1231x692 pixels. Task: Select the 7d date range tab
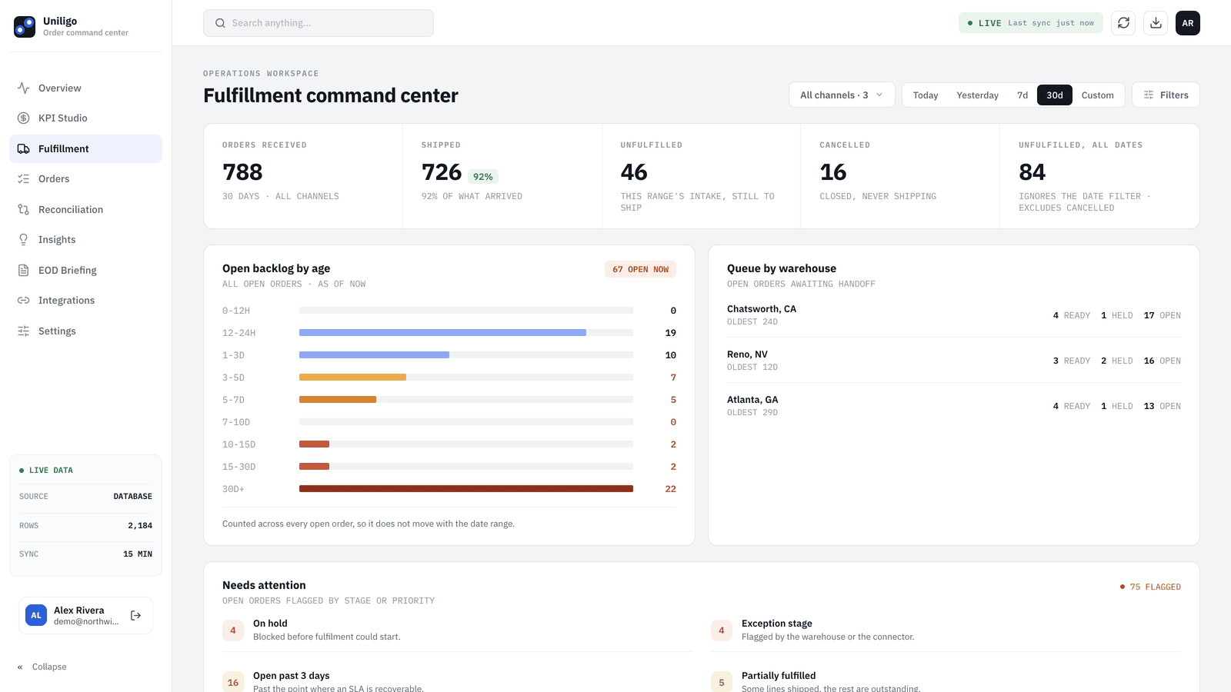[x=1022, y=95]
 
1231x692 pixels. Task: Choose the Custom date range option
[x=1097, y=95]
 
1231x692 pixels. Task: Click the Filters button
[x=1166, y=95]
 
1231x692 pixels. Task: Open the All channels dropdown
[x=842, y=95]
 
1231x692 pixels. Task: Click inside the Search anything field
[x=319, y=23]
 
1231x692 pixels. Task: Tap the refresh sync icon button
[x=1123, y=23]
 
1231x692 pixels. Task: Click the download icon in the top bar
[x=1156, y=23]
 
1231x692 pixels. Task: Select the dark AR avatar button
[x=1188, y=23]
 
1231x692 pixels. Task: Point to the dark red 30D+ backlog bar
[x=466, y=489]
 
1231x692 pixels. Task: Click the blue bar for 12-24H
[x=442, y=333]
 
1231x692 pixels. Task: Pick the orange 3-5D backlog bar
[x=352, y=378]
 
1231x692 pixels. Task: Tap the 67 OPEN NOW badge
[x=640, y=269]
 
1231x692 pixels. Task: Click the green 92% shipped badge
[x=482, y=177]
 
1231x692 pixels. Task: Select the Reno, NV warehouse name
[x=747, y=354]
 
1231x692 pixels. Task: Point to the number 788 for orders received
[x=242, y=172]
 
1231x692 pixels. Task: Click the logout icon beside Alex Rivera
[x=135, y=616]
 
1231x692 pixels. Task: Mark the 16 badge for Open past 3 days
[x=233, y=682]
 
